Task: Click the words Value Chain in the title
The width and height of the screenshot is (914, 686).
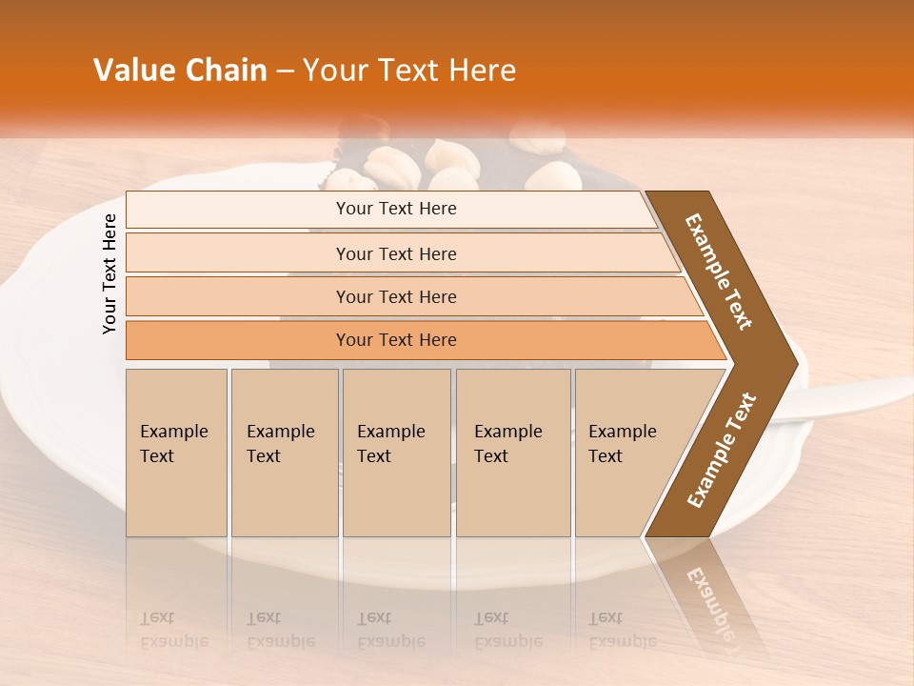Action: click(180, 71)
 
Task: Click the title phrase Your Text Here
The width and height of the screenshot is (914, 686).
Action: click(409, 71)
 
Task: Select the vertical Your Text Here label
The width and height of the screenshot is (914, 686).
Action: click(109, 274)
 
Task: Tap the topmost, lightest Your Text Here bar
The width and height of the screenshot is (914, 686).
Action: click(395, 209)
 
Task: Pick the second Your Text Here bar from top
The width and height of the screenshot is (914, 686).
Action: click(395, 253)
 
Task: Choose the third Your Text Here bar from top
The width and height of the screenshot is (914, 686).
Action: click(395, 296)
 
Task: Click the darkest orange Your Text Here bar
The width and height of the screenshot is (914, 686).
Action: click(395, 340)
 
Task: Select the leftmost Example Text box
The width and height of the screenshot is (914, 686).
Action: click(176, 453)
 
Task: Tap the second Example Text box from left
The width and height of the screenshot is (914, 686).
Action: click(284, 453)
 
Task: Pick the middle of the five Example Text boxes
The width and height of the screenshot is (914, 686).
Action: click(396, 453)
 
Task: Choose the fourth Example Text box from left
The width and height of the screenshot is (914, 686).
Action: click(512, 453)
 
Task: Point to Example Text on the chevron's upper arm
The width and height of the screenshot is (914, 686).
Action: click(720, 272)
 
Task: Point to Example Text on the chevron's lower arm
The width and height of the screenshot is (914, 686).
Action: click(722, 451)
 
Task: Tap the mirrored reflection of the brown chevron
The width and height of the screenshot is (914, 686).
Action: click(709, 595)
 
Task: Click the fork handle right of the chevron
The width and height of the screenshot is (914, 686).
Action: click(857, 395)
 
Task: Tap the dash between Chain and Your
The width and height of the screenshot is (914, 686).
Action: click(285, 71)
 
